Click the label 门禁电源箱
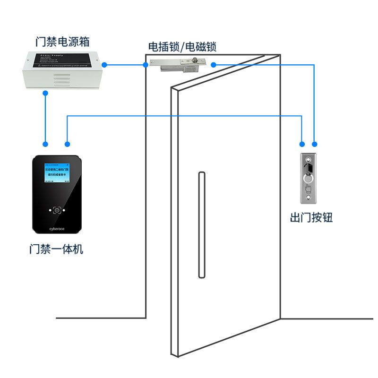[63, 42]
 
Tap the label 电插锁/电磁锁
[182, 47]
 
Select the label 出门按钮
[311, 218]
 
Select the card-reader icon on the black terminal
[57, 210]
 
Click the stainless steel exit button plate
[309, 178]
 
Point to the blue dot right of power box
[105, 64]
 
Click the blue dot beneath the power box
[45, 93]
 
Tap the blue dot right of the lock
[213, 64]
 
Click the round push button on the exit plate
[309, 179]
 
